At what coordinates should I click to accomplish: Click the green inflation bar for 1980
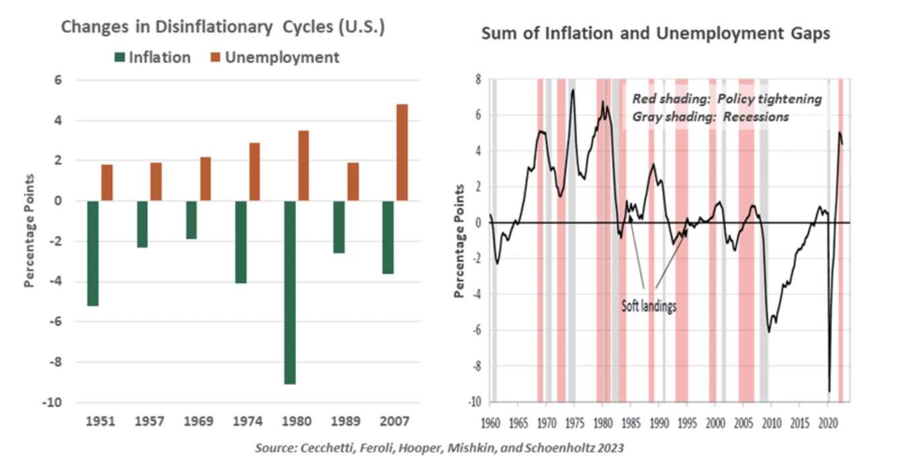point(289,292)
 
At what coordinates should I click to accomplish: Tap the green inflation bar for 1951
point(93,253)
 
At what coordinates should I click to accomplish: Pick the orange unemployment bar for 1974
point(254,172)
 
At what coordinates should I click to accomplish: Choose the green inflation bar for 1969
point(191,219)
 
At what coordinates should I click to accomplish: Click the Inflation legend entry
point(152,58)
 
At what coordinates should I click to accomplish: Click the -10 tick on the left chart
point(52,403)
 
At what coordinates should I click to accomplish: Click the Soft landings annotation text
point(649,307)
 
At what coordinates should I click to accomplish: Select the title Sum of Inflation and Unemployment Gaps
point(655,34)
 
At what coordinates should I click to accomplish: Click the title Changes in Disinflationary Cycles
point(222,28)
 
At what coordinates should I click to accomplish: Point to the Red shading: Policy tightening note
point(727,99)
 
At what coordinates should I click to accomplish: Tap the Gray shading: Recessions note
point(711,117)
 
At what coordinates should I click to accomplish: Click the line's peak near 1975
point(573,90)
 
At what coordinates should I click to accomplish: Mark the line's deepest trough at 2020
point(829,391)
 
